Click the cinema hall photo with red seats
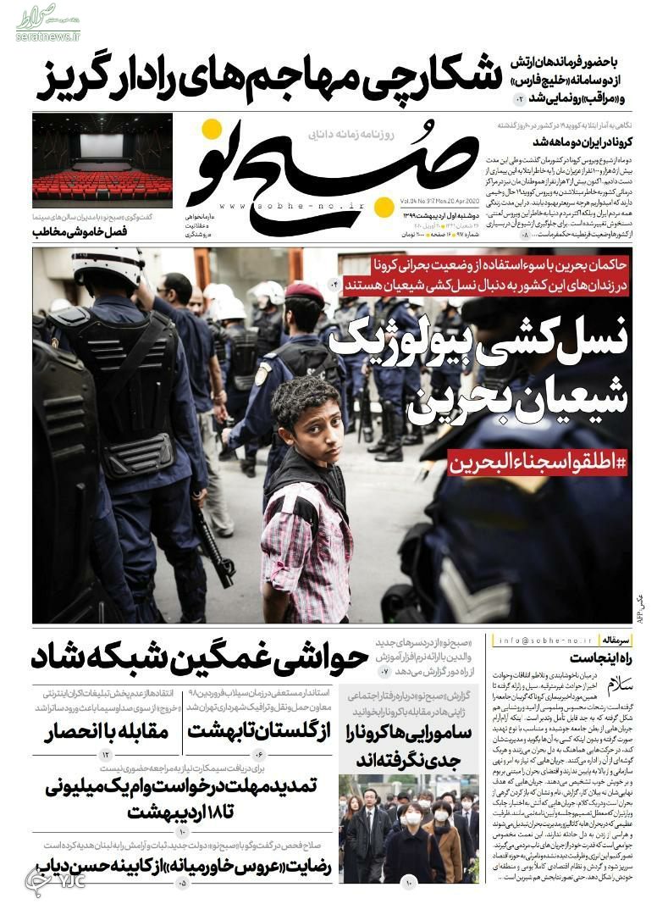point(102,162)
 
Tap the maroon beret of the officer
point(304,293)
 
